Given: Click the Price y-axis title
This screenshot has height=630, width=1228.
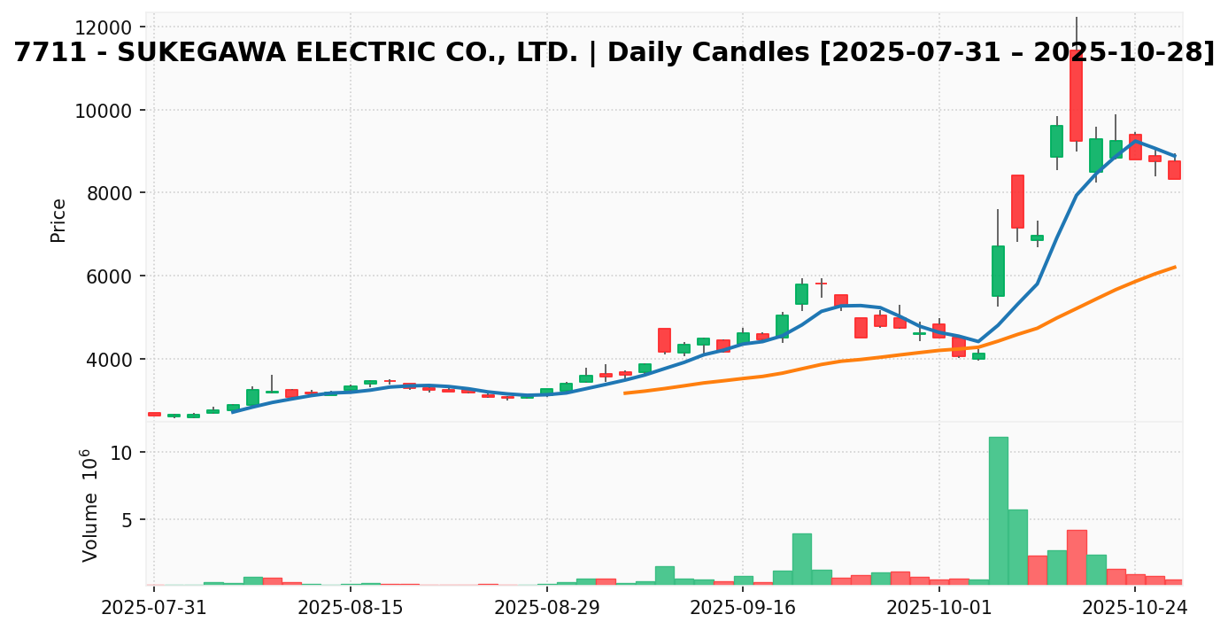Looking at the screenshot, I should click(x=58, y=220).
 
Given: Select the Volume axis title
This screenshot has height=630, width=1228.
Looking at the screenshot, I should click(x=90, y=505).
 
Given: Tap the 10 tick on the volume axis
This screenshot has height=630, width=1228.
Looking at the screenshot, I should click(x=120, y=453).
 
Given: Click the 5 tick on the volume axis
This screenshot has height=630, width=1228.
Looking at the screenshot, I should click(x=125, y=520).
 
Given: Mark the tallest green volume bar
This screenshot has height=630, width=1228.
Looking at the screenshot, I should click(x=998, y=510).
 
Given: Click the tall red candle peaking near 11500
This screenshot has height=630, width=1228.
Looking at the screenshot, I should click(x=1076, y=96).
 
